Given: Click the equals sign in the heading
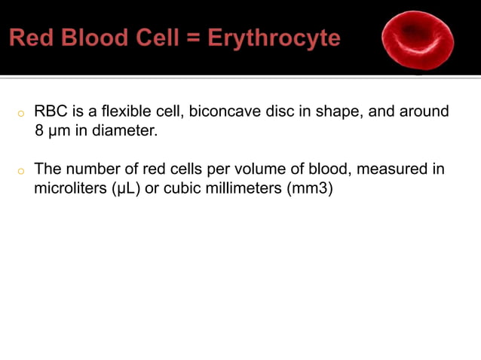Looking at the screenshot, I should [203, 38].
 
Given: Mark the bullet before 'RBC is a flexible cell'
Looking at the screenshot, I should [22, 114].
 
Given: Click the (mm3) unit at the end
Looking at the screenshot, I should [310, 187].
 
